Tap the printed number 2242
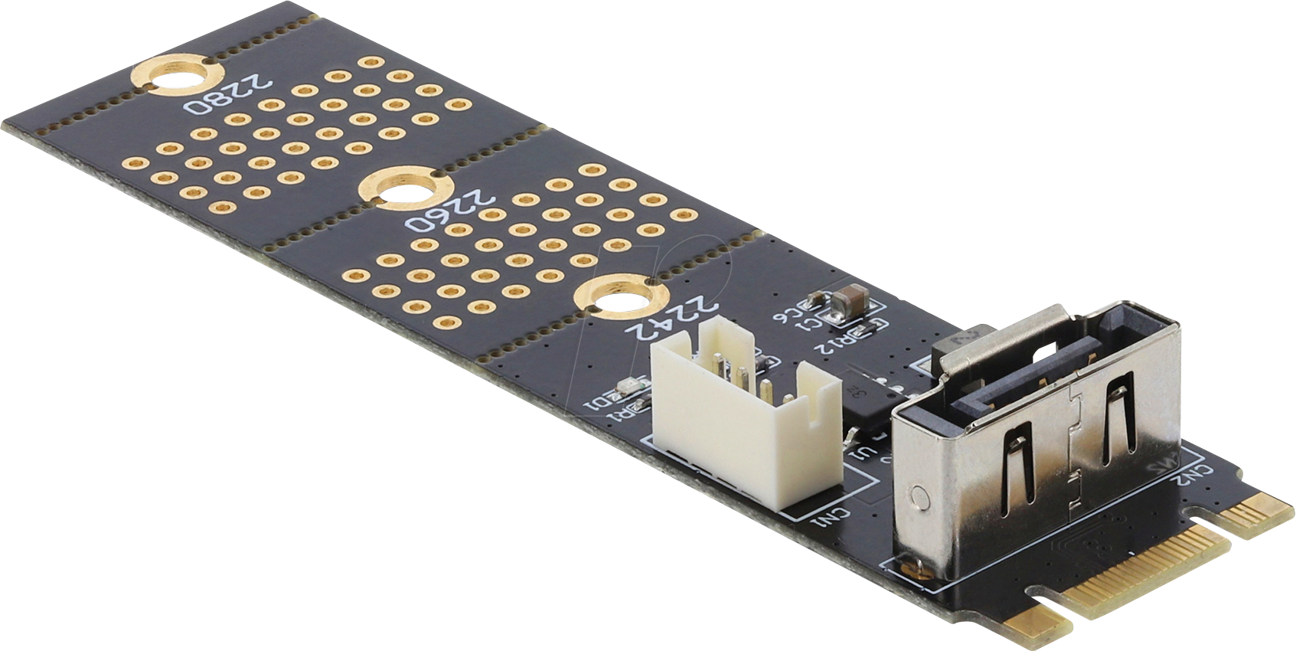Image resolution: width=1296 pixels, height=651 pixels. (x=673, y=319)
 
